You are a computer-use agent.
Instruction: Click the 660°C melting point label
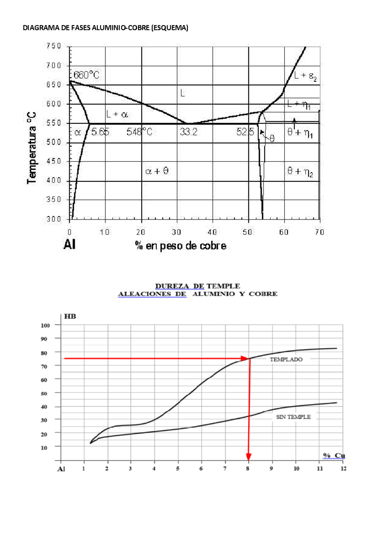[86, 75]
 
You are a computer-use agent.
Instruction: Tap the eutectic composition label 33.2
[189, 132]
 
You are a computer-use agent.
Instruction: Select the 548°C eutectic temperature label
[139, 132]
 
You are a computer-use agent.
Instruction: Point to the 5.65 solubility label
[100, 132]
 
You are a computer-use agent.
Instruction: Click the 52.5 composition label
[245, 132]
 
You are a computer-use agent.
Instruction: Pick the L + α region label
[117, 114]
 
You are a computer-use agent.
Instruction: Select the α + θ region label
[157, 171]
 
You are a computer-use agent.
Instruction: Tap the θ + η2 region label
[300, 172]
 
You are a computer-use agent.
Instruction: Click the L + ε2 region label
[305, 76]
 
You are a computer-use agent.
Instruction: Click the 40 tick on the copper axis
[212, 232]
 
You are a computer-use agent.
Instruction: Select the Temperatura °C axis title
[31, 148]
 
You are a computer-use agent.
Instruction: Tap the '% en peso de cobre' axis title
[180, 246]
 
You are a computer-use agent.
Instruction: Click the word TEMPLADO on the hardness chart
[286, 360]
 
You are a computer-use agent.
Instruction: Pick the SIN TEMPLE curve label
[293, 417]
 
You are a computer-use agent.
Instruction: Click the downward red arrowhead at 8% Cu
[249, 457]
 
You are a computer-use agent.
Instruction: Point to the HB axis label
[70, 316]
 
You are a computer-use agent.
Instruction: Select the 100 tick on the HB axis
[45, 325]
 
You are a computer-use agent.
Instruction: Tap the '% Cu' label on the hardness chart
[334, 456]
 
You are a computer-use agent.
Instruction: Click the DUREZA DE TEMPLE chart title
[198, 286]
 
